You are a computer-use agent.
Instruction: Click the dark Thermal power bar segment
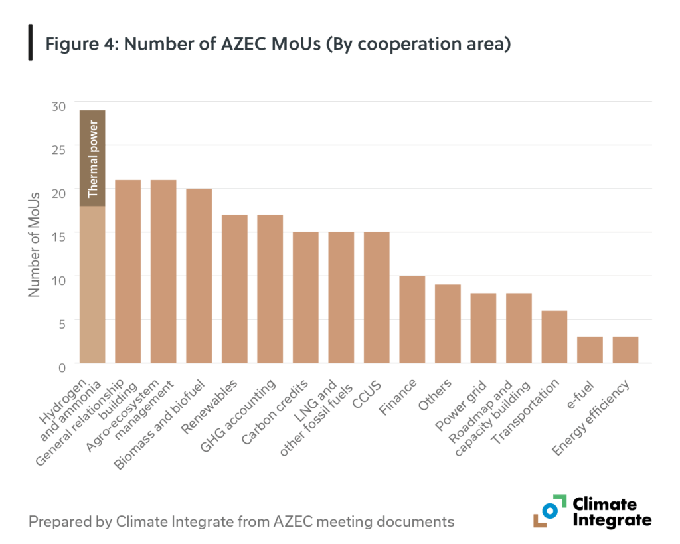92,158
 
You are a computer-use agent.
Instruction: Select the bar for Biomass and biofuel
199,276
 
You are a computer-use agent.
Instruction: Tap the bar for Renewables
234,289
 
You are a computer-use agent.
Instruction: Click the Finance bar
412,319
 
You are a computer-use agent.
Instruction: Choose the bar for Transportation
554,337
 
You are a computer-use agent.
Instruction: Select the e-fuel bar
590,350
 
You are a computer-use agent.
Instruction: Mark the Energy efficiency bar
626,350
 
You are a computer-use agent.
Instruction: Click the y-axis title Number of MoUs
35,244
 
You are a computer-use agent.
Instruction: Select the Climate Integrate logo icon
549,511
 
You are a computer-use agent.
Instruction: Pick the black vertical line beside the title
31,43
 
